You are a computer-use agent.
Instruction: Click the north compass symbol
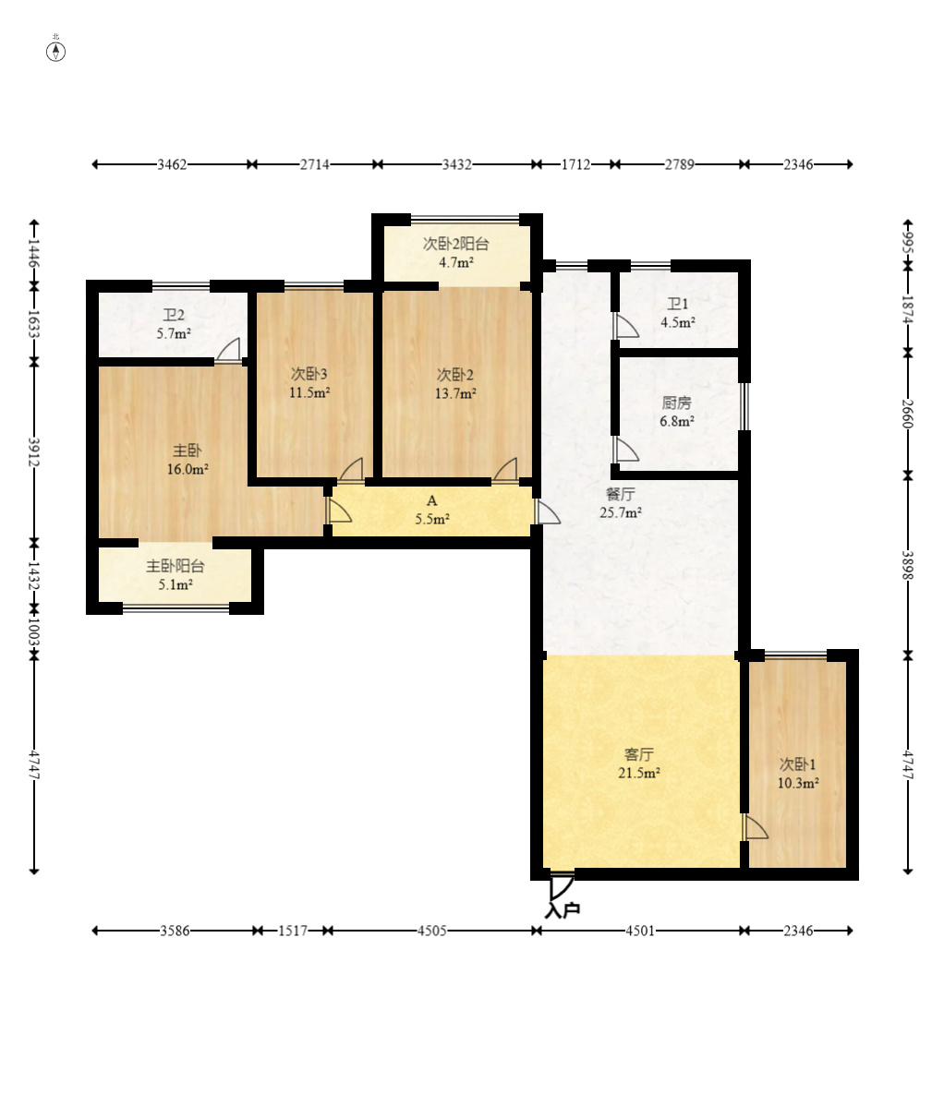pos(55,51)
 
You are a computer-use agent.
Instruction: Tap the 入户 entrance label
pos(563,909)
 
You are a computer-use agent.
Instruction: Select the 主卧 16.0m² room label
pos(188,460)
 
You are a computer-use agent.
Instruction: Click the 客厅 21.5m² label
pos(639,763)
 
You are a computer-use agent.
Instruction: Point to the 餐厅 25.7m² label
pos(620,503)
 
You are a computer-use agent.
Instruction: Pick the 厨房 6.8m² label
pos(676,412)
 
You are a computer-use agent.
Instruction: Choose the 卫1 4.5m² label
pos(677,313)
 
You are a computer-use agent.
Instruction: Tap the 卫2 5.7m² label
pos(173,324)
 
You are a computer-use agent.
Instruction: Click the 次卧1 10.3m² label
pos(797,774)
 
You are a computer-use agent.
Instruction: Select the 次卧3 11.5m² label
pos(309,383)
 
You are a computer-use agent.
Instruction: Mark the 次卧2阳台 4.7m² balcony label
pos(455,253)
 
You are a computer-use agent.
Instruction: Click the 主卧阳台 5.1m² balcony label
pos(175,575)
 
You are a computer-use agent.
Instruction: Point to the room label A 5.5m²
pos(431,510)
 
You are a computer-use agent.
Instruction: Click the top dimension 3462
pos(172,164)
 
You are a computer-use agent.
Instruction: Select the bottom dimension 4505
pos(431,931)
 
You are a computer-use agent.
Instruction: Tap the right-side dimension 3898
pos(907,565)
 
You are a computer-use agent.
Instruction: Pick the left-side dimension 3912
pos(33,452)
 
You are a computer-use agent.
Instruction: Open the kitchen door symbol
pos(625,450)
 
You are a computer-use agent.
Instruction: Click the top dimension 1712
pos(575,164)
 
